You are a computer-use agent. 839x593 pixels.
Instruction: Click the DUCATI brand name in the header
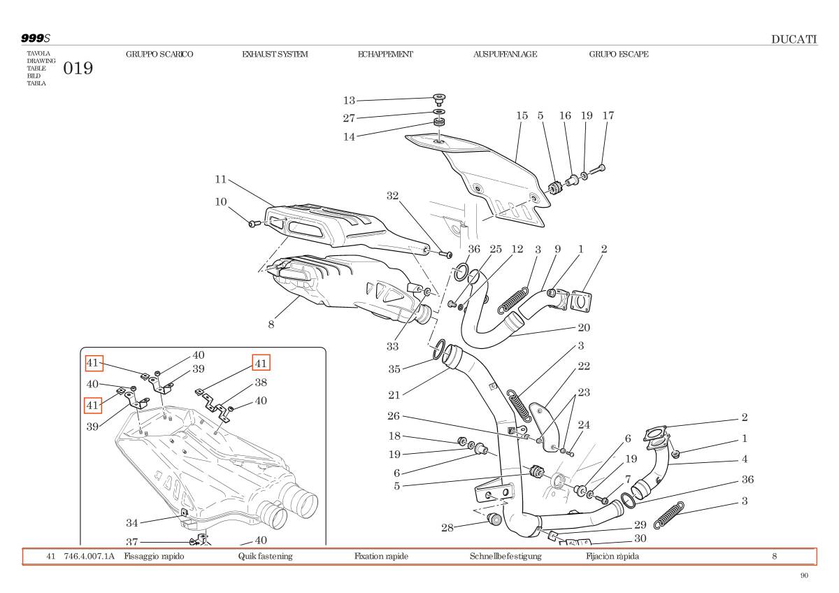(x=794, y=39)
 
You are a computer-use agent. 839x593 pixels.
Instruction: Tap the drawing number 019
(x=78, y=69)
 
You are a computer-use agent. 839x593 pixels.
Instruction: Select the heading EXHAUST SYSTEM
(x=275, y=55)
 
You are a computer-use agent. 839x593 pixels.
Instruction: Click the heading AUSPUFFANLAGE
(x=505, y=55)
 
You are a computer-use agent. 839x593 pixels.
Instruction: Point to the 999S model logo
(x=35, y=38)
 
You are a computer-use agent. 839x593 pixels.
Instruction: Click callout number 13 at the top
(x=349, y=101)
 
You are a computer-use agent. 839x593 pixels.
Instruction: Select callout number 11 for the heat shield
(x=221, y=180)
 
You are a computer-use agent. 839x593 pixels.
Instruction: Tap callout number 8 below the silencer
(x=271, y=324)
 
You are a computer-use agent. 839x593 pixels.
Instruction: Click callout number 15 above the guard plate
(x=522, y=116)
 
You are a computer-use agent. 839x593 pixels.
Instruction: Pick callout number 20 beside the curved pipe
(x=584, y=327)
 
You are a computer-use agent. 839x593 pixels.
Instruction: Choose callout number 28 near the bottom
(x=447, y=527)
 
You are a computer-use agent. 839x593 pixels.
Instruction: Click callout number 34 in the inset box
(x=132, y=522)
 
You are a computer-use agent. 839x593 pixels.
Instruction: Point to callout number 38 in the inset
(x=261, y=383)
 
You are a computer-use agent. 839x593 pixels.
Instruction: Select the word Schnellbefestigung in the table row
(x=505, y=557)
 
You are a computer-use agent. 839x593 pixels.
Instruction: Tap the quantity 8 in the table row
(x=775, y=557)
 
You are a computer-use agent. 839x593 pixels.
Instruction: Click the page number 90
(x=804, y=576)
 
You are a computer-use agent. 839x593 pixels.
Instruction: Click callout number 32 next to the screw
(x=392, y=196)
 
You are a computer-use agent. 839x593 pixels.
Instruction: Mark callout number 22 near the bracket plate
(x=584, y=366)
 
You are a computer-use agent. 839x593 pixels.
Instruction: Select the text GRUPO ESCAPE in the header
(x=618, y=55)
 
